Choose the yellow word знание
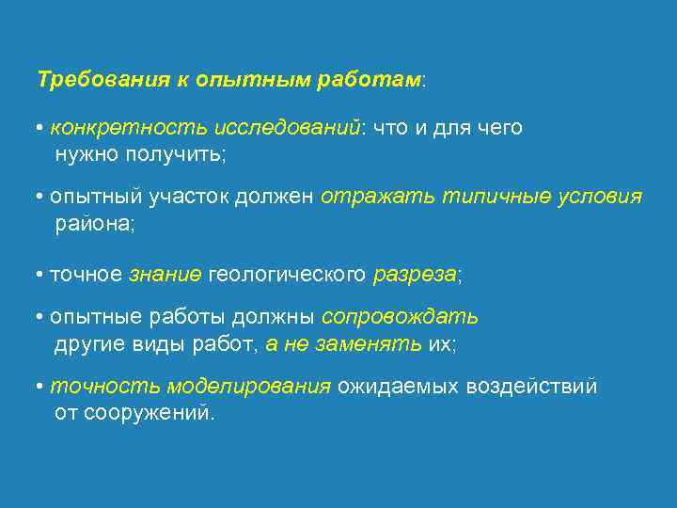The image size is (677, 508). click(x=165, y=275)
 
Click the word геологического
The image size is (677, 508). click(x=288, y=275)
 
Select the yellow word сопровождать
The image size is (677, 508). click(x=400, y=318)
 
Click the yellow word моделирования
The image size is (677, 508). click(x=250, y=388)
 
